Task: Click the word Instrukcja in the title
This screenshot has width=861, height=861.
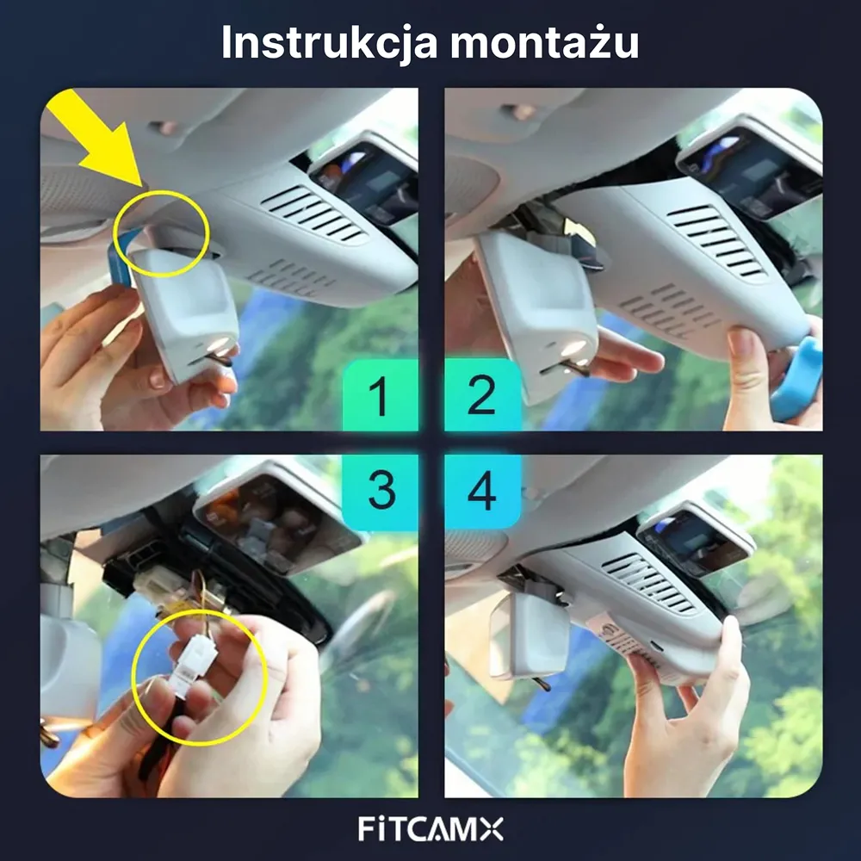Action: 326,43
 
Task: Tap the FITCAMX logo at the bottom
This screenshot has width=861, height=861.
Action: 430,829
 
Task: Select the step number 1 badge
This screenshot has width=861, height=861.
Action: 380,396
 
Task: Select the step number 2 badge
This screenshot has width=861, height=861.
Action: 482,396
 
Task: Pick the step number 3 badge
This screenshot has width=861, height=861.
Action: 380,491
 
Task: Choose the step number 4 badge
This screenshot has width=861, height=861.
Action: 482,491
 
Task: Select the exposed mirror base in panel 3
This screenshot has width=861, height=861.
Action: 276,517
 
